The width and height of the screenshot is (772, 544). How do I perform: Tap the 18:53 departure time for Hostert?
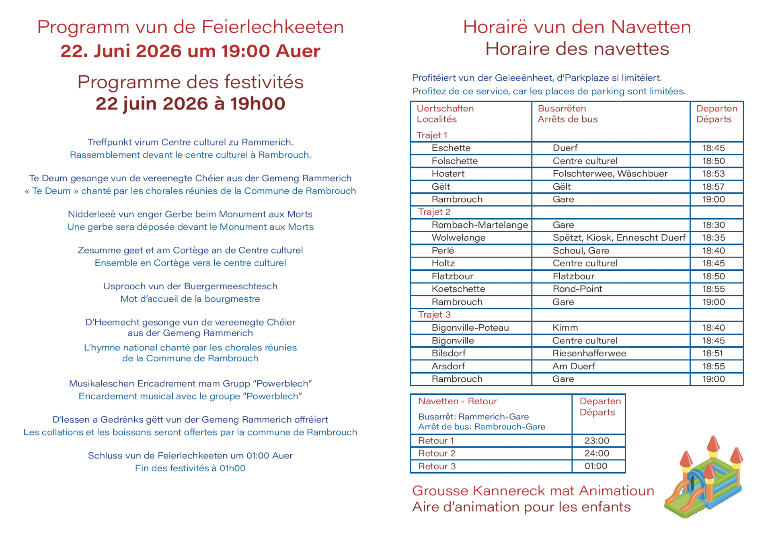pyautogui.click(x=713, y=174)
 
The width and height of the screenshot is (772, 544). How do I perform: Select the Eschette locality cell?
pyautogui.click(x=451, y=148)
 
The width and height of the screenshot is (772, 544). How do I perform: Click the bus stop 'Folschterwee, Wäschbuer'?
pyautogui.click(x=610, y=174)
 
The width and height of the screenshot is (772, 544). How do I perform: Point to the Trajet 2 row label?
pyautogui.click(x=434, y=212)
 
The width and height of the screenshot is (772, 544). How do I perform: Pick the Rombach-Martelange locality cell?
pyautogui.click(x=479, y=225)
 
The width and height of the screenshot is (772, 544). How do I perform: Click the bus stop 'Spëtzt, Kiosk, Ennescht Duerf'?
pyautogui.click(x=619, y=237)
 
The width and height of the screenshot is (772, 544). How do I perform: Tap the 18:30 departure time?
pyautogui.click(x=713, y=225)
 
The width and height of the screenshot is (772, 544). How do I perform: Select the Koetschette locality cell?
pyautogui.click(x=458, y=289)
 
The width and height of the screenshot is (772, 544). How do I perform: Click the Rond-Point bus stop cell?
pyautogui.click(x=577, y=289)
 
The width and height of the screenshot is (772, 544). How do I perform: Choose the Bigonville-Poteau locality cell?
pyautogui.click(x=470, y=327)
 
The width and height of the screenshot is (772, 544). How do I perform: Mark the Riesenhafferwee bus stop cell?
pyautogui.click(x=589, y=353)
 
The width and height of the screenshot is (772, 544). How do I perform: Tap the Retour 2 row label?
pyautogui.click(x=437, y=453)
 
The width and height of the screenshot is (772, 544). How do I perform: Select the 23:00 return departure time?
pyautogui.click(x=597, y=440)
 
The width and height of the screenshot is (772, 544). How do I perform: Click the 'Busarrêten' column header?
pyautogui.click(x=562, y=108)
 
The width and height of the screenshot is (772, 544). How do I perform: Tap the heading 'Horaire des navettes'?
pyautogui.click(x=577, y=49)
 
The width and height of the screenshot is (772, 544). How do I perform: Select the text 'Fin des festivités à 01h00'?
pyautogui.click(x=190, y=468)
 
